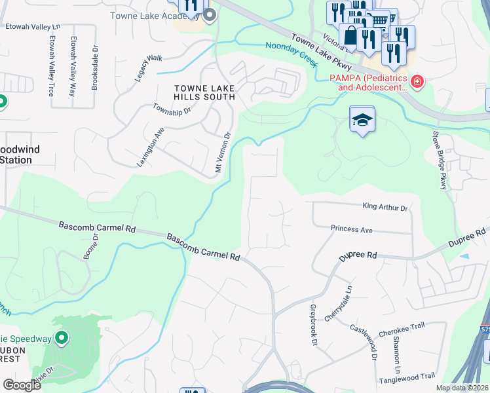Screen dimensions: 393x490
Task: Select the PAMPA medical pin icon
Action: coord(417,82)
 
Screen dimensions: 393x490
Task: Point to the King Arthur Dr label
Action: coord(385,207)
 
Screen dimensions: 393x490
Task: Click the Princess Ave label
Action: coord(351,230)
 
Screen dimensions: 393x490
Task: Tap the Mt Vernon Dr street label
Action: coord(223,153)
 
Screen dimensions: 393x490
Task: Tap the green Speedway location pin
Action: coord(62,338)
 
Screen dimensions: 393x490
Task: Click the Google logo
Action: coord(22,384)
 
